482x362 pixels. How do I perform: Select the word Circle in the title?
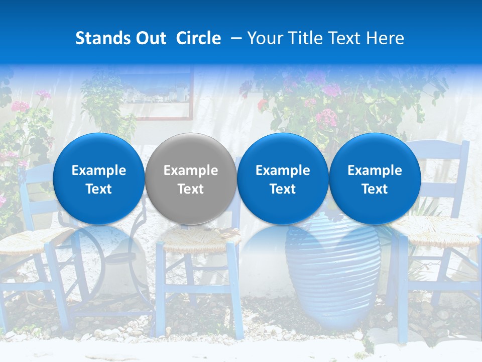tap(198, 38)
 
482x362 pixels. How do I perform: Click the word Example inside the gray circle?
tap(191, 170)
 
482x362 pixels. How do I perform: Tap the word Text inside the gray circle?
tap(191, 189)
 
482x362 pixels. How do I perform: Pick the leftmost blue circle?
tap(98, 178)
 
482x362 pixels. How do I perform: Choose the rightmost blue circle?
tap(375, 178)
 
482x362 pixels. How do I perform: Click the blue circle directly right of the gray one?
tap(283, 178)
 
